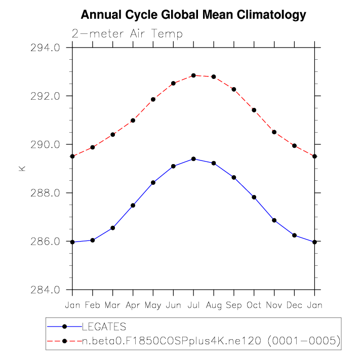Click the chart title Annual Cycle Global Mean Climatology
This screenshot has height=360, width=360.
coord(193,15)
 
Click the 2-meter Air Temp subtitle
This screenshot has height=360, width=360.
coord(127,34)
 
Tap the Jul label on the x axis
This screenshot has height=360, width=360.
coord(193,305)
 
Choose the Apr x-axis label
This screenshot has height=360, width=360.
coord(133,305)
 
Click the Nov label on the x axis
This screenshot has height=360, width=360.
coord(274,305)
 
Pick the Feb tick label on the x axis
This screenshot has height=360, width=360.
coord(93,305)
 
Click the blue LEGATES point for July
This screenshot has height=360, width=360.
coord(193,159)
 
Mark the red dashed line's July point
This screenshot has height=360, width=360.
coord(193,75)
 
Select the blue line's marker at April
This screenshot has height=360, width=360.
coord(133,205)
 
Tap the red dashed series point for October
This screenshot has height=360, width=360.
coord(254,110)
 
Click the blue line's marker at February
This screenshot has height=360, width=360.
coord(93,240)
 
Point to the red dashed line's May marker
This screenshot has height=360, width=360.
coord(153,99)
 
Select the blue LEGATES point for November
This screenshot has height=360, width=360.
coord(274,220)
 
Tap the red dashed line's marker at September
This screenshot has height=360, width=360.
coord(234,89)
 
